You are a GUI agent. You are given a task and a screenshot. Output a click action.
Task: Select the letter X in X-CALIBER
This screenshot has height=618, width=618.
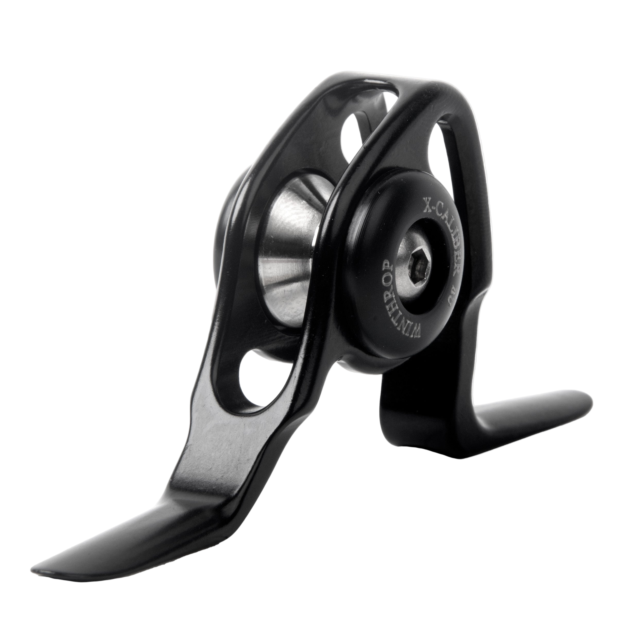(x=427, y=205)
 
